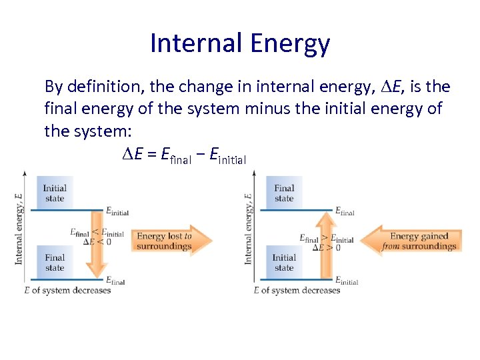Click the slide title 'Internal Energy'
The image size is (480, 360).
[x=240, y=43]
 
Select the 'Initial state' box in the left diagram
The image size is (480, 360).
[x=55, y=193]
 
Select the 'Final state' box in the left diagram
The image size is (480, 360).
[x=55, y=262]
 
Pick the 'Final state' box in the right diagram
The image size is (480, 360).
[x=284, y=193]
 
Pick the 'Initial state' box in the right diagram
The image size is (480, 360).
[x=284, y=262]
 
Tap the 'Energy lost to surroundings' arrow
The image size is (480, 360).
[x=170, y=241]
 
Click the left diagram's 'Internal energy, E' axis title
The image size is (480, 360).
[x=19, y=229]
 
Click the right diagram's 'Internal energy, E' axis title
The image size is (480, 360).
[x=249, y=229]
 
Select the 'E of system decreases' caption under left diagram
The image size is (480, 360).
[x=67, y=290]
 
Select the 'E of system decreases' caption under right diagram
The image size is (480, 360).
[x=297, y=290]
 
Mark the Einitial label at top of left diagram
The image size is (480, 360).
[x=117, y=211]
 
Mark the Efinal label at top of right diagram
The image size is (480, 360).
[x=345, y=211]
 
